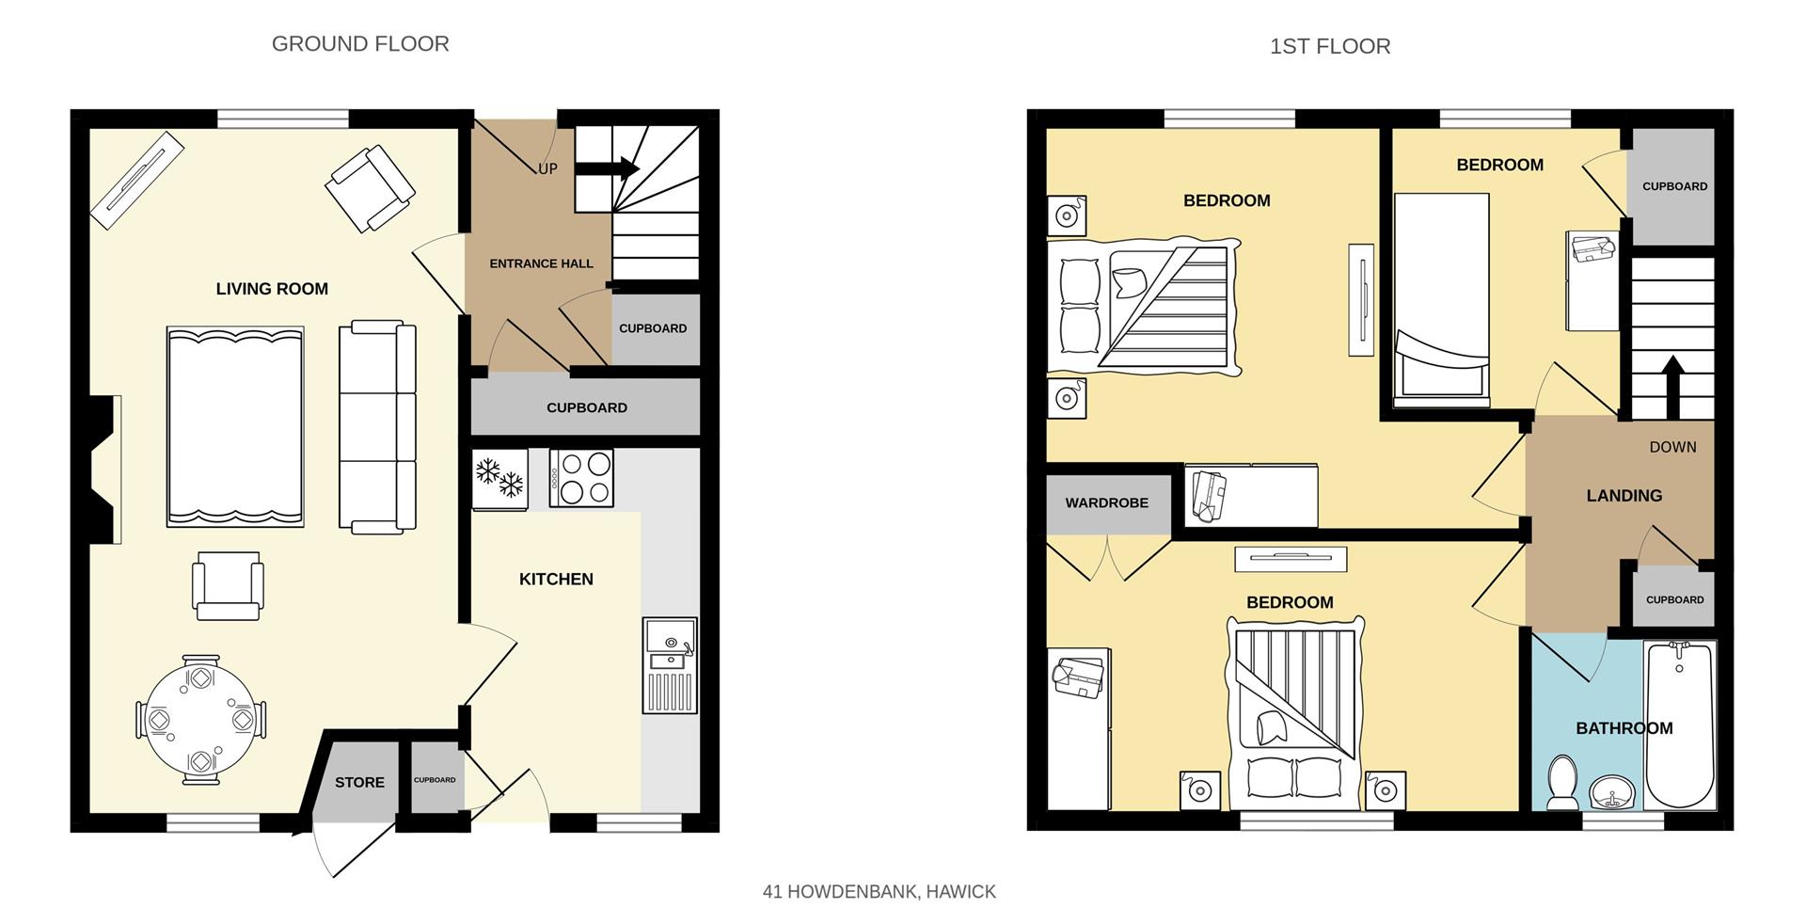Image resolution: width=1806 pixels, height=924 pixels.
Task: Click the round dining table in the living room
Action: (x=201, y=720)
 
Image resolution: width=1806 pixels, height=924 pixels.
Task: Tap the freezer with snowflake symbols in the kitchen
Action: (x=499, y=480)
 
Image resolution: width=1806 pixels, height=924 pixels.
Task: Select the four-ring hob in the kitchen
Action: (x=581, y=478)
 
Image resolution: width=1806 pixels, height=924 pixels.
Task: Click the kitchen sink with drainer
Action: (x=671, y=665)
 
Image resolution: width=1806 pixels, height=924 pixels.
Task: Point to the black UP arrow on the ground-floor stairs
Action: (x=607, y=169)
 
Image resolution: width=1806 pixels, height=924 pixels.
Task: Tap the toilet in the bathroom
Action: (x=1563, y=783)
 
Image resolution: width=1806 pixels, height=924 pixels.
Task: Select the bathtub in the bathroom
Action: (x=1680, y=725)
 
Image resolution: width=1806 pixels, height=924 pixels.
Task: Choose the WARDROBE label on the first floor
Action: (x=1106, y=503)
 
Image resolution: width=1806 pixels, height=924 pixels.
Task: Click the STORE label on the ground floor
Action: (x=359, y=783)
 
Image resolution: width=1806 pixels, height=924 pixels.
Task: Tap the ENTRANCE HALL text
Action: (x=541, y=263)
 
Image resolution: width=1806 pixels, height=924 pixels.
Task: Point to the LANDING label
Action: (x=1624, y=496)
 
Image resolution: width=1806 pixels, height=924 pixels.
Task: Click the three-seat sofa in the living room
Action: (x=377, y=426)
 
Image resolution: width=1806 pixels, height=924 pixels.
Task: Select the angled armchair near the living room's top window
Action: (x=370, y=188)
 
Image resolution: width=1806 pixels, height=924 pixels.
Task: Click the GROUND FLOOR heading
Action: (x=360, y=44)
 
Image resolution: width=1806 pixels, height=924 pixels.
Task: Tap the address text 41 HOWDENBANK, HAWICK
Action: (x=879, y=892)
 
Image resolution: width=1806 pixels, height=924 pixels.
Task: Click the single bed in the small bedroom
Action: (x=1442, y=300)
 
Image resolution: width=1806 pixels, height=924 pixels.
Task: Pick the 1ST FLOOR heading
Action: (x=1330, y=46)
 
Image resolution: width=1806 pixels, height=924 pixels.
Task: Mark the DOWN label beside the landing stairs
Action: (x=1672, y=448)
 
